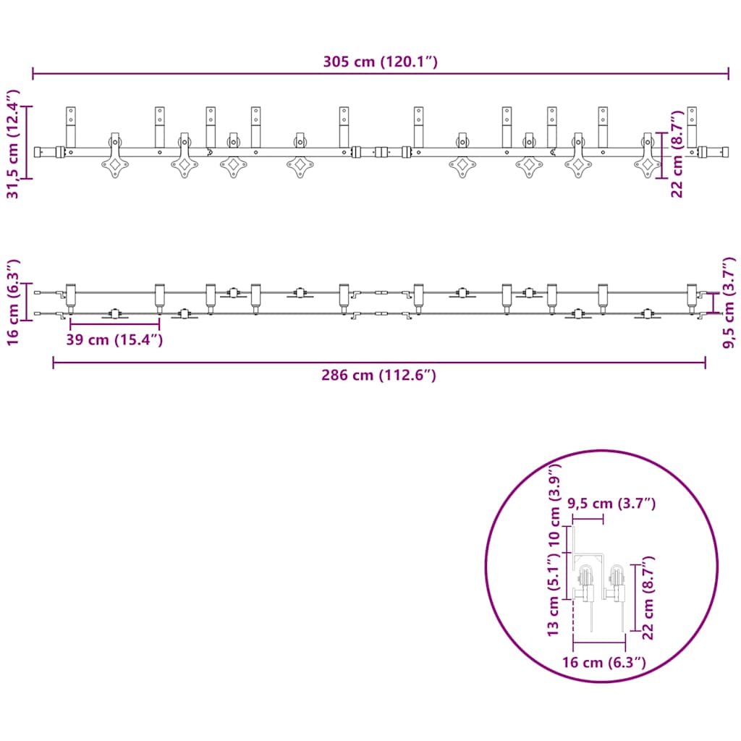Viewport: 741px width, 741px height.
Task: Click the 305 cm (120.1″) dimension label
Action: [x=381, y=62]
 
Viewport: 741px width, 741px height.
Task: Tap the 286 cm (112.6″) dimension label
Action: [x=378, y=375]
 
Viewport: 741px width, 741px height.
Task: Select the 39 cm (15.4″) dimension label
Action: [x=114, y=339]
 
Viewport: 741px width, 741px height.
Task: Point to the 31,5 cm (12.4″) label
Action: [x=12, y=144]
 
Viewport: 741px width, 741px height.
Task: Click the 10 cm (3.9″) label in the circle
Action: [x=554, y=504]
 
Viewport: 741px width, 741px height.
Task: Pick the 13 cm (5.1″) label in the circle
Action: [x=553, y=596]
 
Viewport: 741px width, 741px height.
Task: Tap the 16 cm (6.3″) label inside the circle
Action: [x=604, y=662]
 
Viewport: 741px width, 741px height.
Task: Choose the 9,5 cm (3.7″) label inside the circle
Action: [x=611, y=504]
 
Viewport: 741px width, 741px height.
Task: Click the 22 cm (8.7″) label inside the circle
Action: [x=648, y=598]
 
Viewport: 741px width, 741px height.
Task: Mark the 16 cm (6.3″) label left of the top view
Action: [x=12, y=302]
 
